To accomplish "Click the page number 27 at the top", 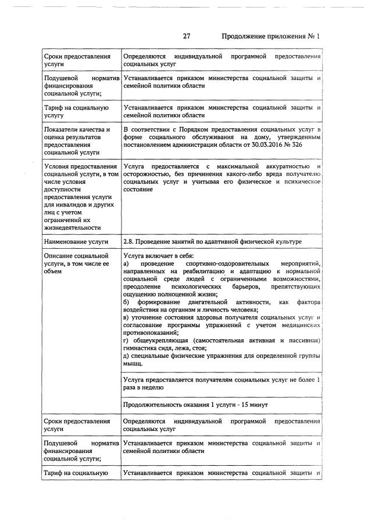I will (x=187, y=36).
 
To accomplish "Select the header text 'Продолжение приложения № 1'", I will (x=271, y=36).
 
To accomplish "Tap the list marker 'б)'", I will (x=127, y=302).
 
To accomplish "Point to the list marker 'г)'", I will (x=127, y=340).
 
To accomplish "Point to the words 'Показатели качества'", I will (x=77, y=129).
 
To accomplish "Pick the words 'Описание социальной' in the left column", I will (x=76, y=256).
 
